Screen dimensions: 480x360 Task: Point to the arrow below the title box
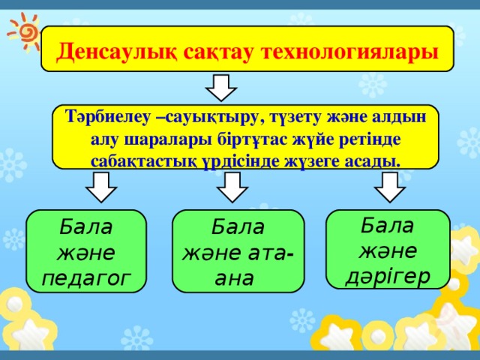221,88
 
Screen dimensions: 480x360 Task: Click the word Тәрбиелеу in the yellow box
108,118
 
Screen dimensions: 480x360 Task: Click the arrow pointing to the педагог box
101,187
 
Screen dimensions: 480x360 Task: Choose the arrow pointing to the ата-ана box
232,187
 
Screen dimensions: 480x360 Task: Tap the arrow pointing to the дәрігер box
390,187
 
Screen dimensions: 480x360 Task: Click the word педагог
86,278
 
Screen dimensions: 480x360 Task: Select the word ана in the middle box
234,278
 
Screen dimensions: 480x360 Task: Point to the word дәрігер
388,277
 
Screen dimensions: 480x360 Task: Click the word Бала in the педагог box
85,226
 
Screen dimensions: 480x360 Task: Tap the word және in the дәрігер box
388,251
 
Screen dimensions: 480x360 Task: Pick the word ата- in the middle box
270,253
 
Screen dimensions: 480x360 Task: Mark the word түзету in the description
295,118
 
